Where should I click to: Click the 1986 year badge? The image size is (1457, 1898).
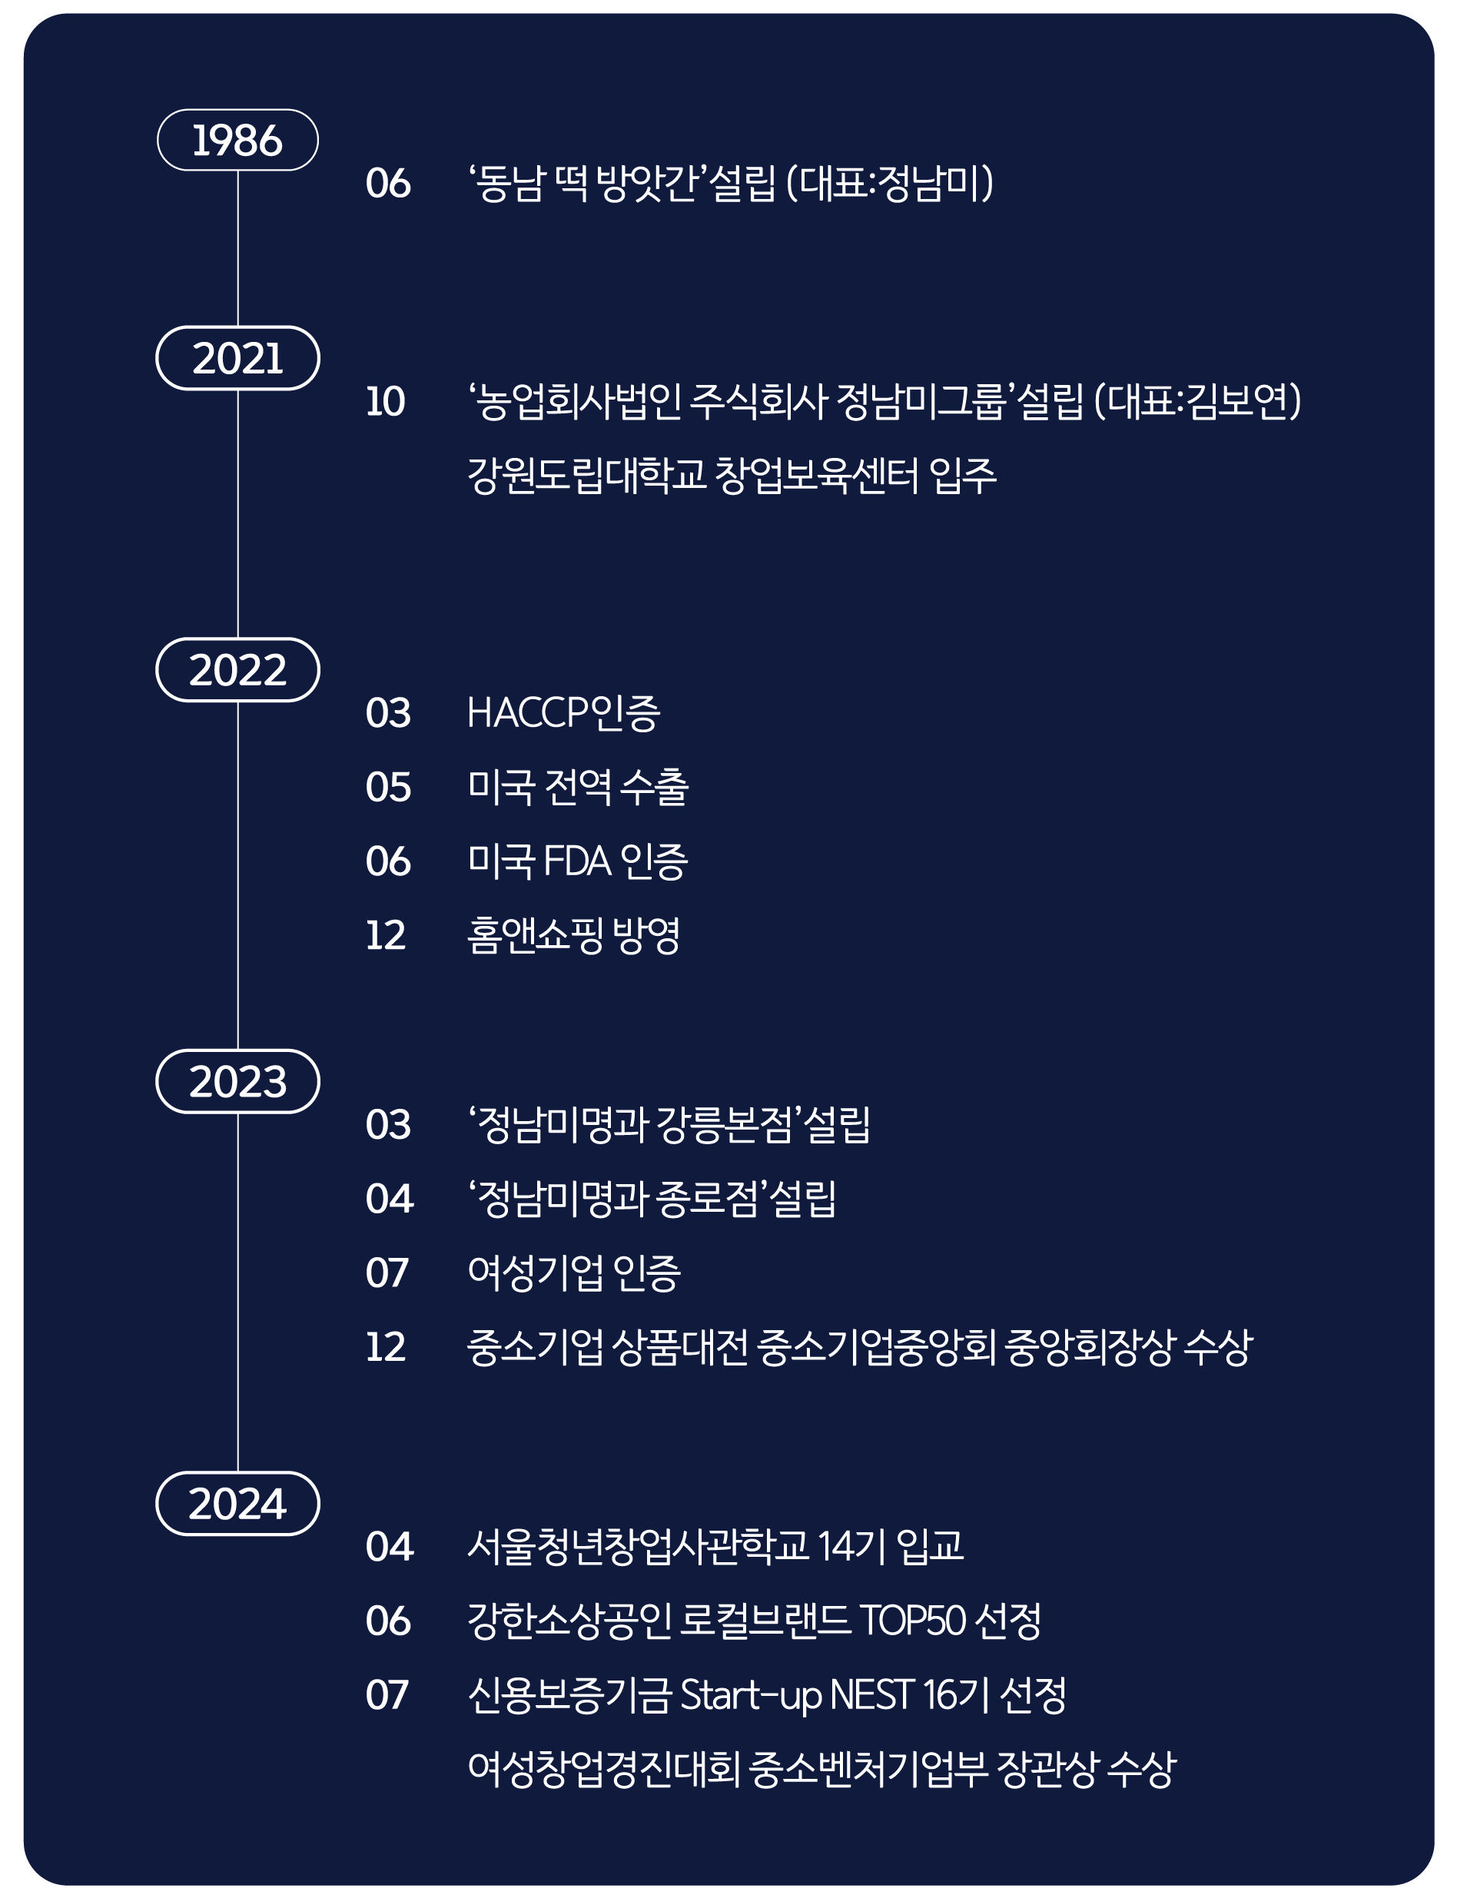237,140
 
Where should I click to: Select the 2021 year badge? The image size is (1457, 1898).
237,358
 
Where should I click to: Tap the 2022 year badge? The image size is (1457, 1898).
237,669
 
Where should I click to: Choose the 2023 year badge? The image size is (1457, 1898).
237,1081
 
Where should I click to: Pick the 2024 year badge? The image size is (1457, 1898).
237,1504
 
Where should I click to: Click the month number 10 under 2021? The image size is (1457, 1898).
386,401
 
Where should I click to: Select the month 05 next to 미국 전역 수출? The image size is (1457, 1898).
387,788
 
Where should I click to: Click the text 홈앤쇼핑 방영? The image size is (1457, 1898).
573,936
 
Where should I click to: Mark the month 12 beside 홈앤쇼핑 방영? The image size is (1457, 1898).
386,936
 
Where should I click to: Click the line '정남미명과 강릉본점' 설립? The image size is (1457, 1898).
669,1124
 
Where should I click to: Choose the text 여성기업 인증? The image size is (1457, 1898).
574,1273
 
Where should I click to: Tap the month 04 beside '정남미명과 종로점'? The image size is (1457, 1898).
390,1200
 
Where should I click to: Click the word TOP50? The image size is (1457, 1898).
912,1621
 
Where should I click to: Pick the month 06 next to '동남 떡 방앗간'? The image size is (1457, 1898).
387,183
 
